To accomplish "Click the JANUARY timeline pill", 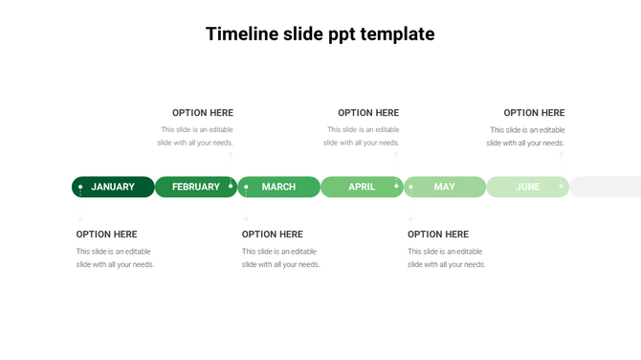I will pos(113,187).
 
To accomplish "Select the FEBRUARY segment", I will pos(196,187).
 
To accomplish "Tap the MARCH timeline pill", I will pos(278,187).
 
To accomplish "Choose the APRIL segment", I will pos(362,187).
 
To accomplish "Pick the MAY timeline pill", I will pos(445,187).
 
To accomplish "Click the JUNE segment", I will pos(527,187).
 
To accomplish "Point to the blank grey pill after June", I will pos(606,187).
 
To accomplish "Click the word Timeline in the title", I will pos(242,34).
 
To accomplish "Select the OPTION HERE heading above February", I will pos(203,113).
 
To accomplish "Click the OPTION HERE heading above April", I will pos(368,113).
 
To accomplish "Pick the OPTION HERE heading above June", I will pos(534,113).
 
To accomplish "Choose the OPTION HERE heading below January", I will pos(107,235).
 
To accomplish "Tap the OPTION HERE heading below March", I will pos(273,235).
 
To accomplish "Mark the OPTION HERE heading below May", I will pos(438,235).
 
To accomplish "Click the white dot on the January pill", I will pos(80,187).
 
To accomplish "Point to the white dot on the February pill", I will pos(231,187).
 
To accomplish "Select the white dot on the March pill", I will pos(246,187).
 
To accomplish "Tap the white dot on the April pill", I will pos(396,187).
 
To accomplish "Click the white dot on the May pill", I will pos(411,187).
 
